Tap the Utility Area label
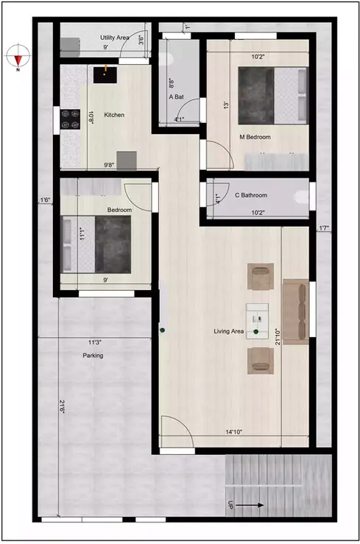[116, 36]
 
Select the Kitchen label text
[114, 115]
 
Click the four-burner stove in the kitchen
[71, 116]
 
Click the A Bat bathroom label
[177, 96]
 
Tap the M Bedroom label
[255, 138]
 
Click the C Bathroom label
[251, 195]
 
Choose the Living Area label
[229, 332]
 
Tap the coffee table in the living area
[259, 318]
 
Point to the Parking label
[93, 356]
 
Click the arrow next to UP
[252, 506]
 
